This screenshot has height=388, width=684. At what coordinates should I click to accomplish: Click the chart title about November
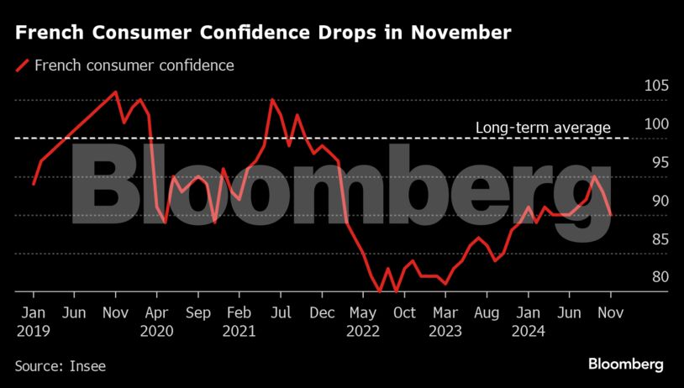click(x=263, y=34)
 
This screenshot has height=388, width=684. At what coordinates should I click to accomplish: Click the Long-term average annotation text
click(x=543, y=128)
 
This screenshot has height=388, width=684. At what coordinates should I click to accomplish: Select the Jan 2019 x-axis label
click(x=33, y=322)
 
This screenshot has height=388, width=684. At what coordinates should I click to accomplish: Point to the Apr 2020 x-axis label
click(x=156, y=322)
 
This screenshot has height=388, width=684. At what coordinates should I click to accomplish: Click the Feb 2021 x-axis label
click(x=239, y=322)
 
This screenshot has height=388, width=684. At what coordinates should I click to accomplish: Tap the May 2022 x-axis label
click(x=363, y=322)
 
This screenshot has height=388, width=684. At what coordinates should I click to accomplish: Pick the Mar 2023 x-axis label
click(x=445, y=322)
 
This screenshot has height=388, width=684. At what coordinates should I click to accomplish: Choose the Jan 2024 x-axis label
click(x=528, y=322)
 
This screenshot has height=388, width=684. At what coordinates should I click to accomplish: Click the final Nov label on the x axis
click(x=611, y=313)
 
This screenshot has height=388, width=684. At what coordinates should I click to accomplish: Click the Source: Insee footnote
click(x=61, y=365)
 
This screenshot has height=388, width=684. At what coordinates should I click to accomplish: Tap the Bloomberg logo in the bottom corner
click(x=625, y=364)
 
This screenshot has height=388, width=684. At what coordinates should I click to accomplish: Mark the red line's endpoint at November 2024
click(x=611, y=215)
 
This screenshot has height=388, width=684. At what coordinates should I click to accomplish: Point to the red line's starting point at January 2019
click(x=33, y=184)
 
